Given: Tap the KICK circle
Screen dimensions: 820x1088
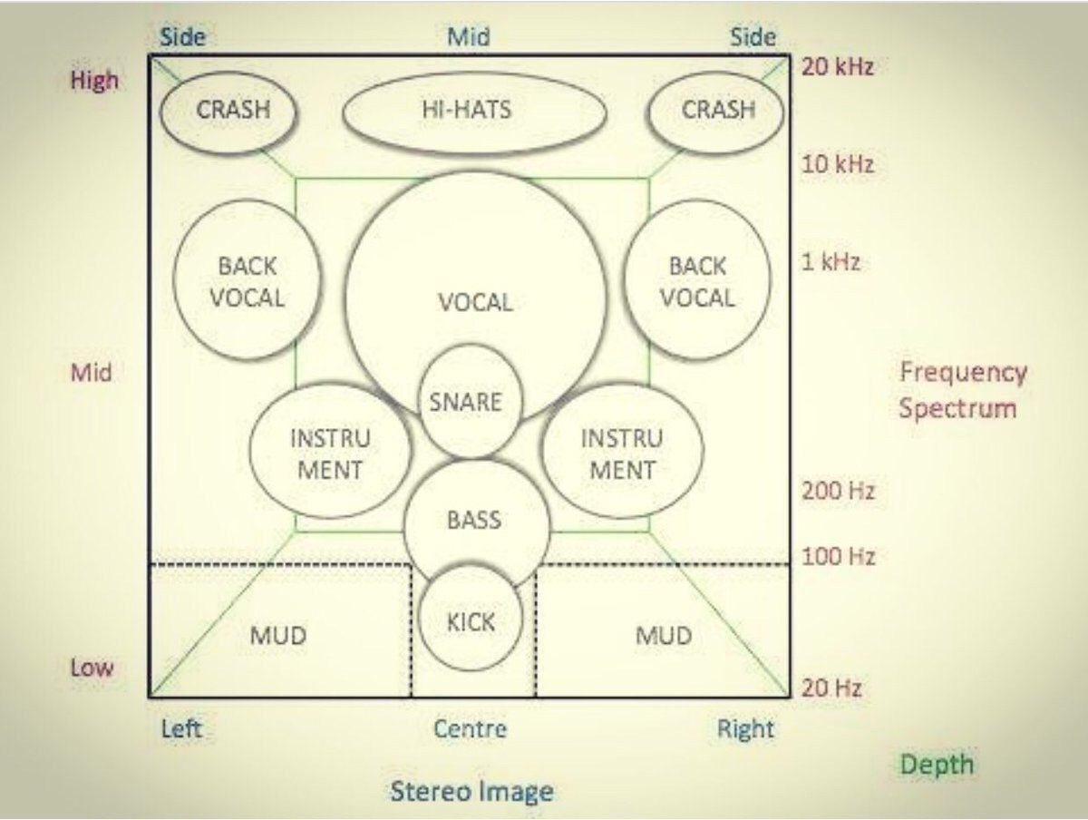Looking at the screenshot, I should pyautogui.click(x=471, y=622).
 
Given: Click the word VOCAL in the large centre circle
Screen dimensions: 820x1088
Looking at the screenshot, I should pyautogui.click(x=475, y=302).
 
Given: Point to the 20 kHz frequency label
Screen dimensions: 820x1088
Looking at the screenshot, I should pyautogui.click(x=837, y=67).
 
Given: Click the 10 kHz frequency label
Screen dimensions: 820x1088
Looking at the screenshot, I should pyautogui.click(x=837, y=164).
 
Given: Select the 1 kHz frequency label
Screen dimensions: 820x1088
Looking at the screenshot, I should pyautogui.click(x=830, y=263).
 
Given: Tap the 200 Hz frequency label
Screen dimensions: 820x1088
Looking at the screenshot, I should pyautogui.click(x=837, y=492).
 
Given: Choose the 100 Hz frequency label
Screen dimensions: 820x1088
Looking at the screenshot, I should pyautogui.click(x=838, y=556).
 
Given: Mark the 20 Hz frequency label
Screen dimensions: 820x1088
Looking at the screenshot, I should pyautogui.click(x=831, y=688).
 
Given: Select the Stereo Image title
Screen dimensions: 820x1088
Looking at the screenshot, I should pyautogui.click(x=471, y=791).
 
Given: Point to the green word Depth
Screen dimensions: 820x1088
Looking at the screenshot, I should pyautogui.click(x=937, y=764).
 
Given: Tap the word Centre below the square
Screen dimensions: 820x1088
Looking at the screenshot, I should pyautogui.click(x=470, y=728).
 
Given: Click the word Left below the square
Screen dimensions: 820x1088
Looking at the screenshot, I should pyautogui.click(x=182, y=728).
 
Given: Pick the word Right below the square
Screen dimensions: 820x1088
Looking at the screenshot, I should pyautogui.click(x=745, y=729).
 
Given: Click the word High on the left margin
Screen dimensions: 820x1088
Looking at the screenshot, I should pyautogui.click(x=94, y=80).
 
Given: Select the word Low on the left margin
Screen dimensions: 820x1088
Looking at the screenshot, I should pyautogui.click(x=92, y=669).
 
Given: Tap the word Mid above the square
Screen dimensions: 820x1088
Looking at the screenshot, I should pyautogui.click(x=469, y=36).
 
